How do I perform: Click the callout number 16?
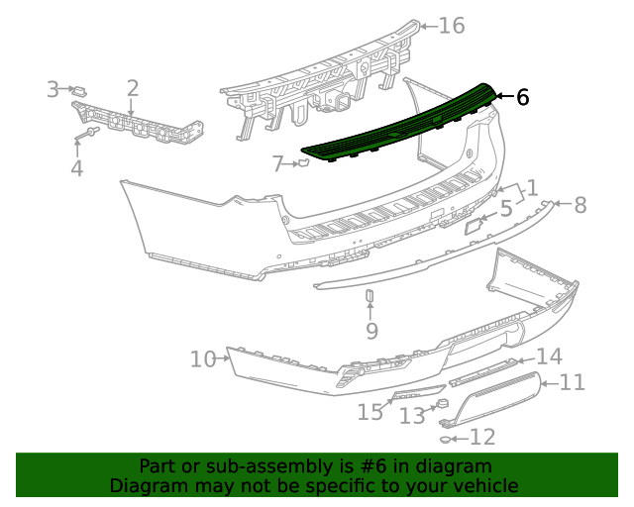point(451,26)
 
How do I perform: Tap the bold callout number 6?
point(522,97)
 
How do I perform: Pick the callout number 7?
point(278,162)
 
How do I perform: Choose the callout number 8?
point(580,205)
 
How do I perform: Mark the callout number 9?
point(371,330)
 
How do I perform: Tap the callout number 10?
point(202,358)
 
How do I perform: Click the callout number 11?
point(573,382)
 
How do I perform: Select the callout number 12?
point(481,437)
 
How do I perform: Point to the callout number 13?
point(412,417)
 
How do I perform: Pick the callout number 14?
point(549,356)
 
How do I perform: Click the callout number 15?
point(370,412)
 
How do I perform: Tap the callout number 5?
point(505,209)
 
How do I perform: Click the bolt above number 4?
point(89,132)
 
